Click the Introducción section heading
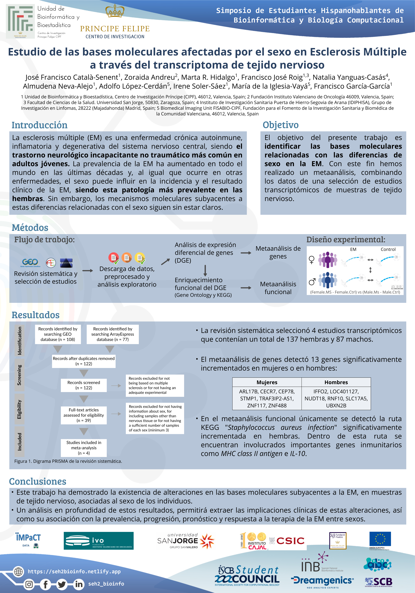coord(39,125)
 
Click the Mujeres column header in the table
coord(267,382)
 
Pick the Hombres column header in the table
coord(336,382)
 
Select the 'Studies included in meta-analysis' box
coord(84,448)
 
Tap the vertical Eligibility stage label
coord(19,409)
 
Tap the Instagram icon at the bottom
coord(29,584)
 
